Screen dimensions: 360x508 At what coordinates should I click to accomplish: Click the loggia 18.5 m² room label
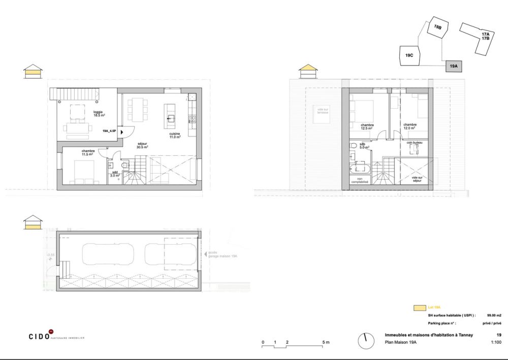point(98,114)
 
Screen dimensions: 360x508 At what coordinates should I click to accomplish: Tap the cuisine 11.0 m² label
point(175,135)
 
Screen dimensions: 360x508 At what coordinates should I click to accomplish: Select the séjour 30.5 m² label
point(142,146)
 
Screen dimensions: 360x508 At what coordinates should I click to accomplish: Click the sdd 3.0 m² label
point(115,174)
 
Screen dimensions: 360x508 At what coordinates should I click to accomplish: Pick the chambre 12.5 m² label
point(367,126)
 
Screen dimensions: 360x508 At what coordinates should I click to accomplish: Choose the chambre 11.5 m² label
point(87,152)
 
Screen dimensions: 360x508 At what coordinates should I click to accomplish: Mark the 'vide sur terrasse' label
point(321,111)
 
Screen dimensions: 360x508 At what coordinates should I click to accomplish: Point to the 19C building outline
point(409,55)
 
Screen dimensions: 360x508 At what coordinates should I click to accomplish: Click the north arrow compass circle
point(364,341)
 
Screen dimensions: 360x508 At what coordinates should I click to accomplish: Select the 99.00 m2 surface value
point(494,315)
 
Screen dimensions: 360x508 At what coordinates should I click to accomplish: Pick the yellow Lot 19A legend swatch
point(420,308)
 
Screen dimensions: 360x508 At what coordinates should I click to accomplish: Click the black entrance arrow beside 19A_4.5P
point(121,130)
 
